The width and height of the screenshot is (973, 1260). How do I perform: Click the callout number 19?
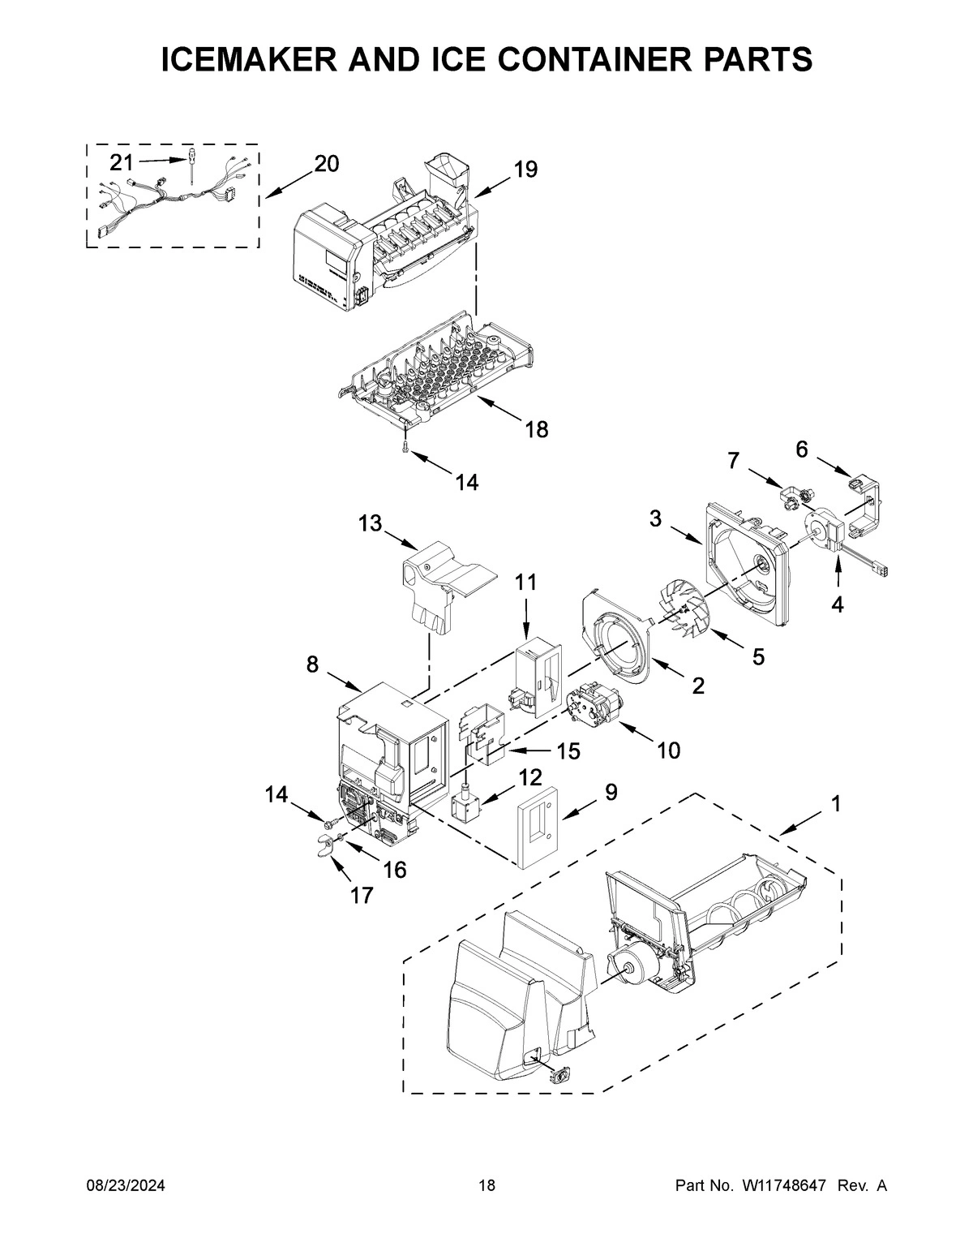(525, 170)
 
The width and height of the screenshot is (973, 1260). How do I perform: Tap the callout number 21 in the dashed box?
(121, 163)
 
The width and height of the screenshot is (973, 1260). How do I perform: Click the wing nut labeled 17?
(326, 849)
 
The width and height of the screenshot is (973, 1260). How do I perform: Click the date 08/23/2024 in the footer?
(126, 1186)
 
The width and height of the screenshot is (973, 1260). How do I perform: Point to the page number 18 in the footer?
(486, 1186)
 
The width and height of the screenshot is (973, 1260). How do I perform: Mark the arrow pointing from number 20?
(287, 182)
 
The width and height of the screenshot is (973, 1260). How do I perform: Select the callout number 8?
(312, 664)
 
